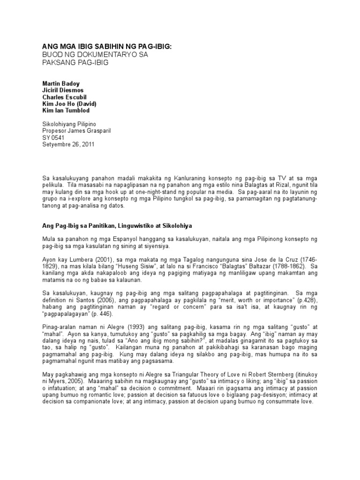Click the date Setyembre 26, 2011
(68, 145)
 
